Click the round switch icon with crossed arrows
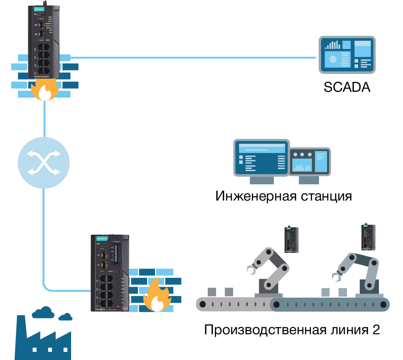44,162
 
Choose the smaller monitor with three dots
310,162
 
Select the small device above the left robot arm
292,240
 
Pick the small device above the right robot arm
368,238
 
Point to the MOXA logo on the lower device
102,239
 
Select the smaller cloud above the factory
65,317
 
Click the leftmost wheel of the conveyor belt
202,305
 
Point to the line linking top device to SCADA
191,57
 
